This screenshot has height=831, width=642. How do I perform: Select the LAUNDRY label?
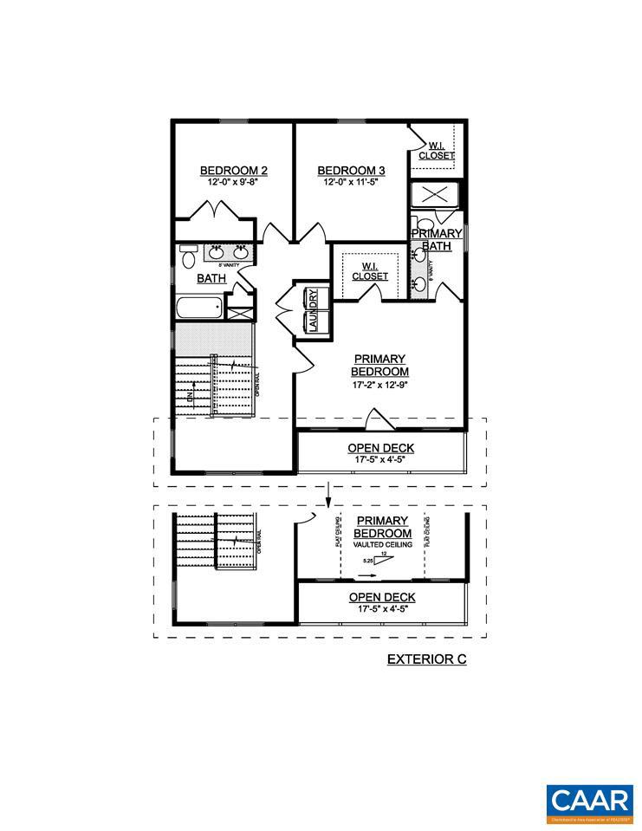pyautogui.click(x=313, y=309)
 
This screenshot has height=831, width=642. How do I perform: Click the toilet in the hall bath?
pyautogui.click(x=188, y=256)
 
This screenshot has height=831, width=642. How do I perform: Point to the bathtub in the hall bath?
pyautogui.click(x=200, y=308)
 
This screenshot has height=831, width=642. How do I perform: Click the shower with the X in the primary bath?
pyautogui.click(x=436, y=195)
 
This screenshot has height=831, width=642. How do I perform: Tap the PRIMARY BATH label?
pyautogui.click(x=436, y=240)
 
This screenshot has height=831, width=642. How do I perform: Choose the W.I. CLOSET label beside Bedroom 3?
pyautogui.click(x=437, y=151)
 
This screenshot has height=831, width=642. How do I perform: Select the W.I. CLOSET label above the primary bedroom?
pyautogui.click(x=369, y=271)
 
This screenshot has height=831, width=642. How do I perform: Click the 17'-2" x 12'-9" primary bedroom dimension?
pyautogui.click(x=379, y=386)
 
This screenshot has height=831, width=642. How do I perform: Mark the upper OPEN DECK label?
pyautogui.click(x=381, y=448)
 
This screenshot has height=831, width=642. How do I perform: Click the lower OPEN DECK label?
pyautogui.click(x=382, y=597)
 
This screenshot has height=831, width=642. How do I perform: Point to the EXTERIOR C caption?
pyautogui.click(x=426, y=659)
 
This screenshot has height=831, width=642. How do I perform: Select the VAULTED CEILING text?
pyautogui.click(x=382, y=545)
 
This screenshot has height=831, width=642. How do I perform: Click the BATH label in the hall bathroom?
pyautogui.click(x=211, y=278)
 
